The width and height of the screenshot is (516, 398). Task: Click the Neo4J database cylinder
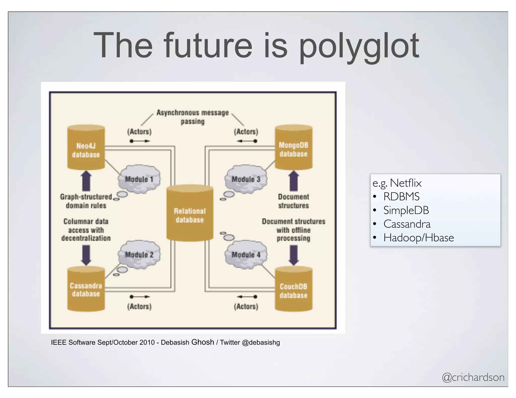tap(86, 148)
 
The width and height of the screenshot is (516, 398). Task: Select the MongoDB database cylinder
tap(294, 148)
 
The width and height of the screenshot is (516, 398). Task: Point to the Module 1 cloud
tap(139, 179)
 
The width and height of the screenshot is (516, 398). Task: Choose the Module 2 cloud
tap(139, 255)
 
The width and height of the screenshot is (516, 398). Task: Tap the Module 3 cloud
tap(246, 179)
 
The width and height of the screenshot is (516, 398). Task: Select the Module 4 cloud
tap(246, 255)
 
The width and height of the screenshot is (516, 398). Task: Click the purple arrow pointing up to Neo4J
tap(86, 181)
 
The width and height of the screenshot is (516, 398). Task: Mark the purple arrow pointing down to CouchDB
tap(294, 255)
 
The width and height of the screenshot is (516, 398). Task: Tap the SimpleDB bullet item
tap(406, 210)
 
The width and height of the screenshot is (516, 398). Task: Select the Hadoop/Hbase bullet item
tap(418, 238)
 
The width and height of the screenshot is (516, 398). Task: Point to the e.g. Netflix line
tap(397, 183)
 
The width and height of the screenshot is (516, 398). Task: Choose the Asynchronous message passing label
tap(192, 117)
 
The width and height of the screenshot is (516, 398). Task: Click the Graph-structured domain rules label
tap(86, 201)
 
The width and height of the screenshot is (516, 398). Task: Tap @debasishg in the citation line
tap(261, 342)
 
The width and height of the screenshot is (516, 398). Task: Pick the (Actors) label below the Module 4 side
tap(246, 306)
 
